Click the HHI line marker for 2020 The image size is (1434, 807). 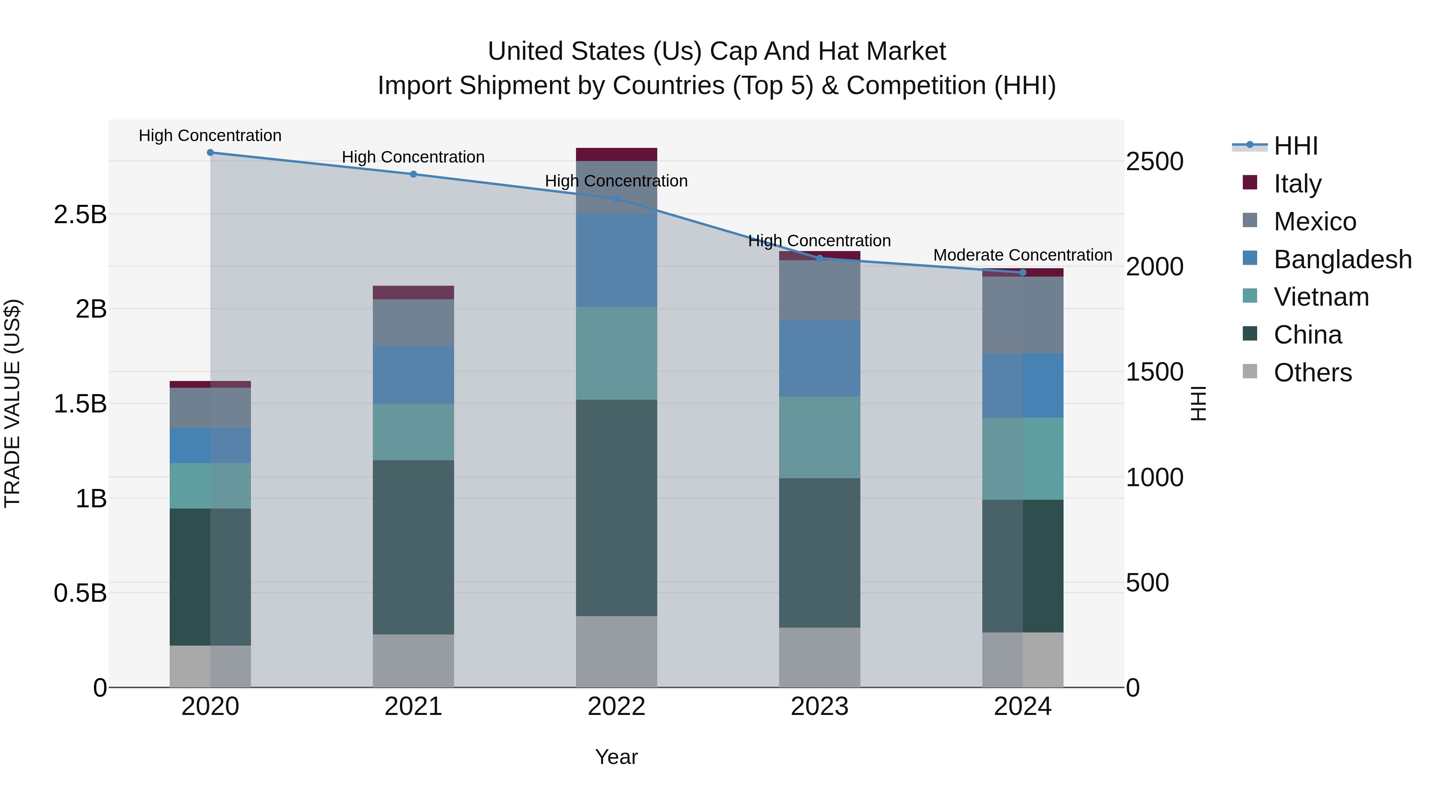[210, 153]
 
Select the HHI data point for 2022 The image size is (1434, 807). [616, 199]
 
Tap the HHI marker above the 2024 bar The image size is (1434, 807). [1023, 272]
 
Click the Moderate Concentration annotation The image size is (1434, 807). [1022, 255]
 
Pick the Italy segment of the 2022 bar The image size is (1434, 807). [616, 154]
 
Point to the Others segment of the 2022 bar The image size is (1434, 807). [616, 651]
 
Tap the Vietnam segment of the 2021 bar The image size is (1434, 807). [413, 432]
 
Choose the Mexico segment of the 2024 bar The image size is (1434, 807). [1023, 315]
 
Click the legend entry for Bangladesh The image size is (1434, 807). [1342, 259]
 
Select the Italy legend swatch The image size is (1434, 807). [1250, 183]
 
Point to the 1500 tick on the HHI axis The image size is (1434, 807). [1154, 372]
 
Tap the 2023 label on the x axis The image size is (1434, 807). [819, 707]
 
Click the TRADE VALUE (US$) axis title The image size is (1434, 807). [12, 403]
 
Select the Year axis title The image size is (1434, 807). [616, 757]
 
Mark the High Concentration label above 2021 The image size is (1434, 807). [413, 157]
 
